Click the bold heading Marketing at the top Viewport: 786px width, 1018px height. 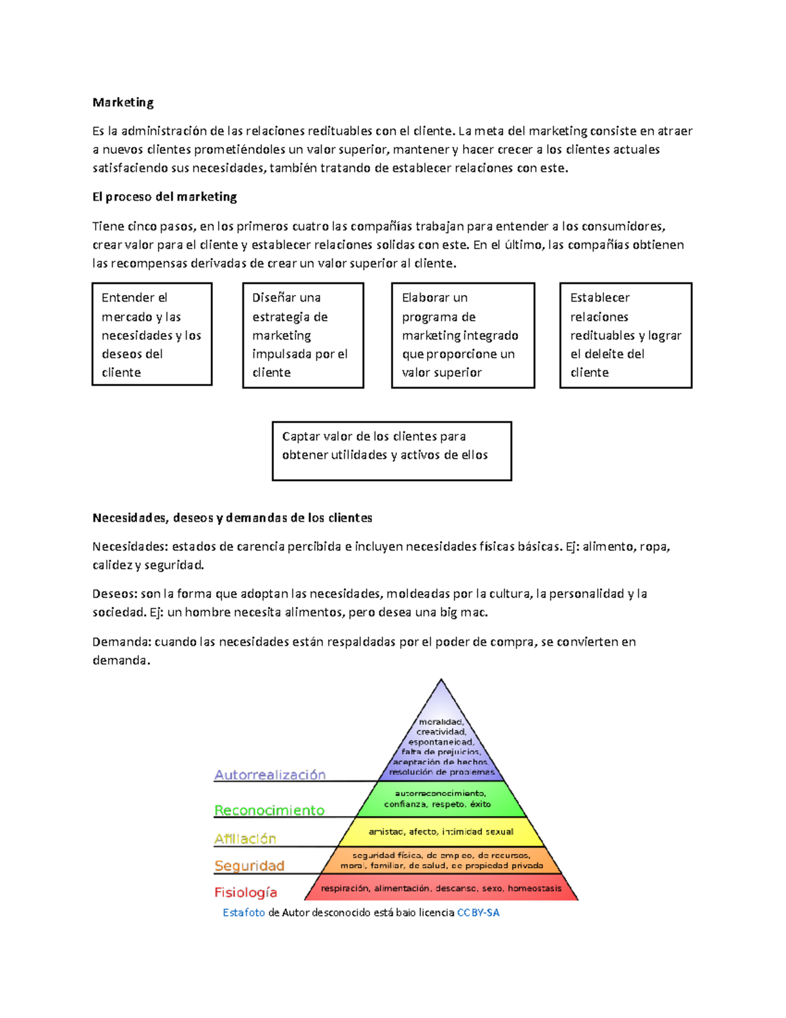123,102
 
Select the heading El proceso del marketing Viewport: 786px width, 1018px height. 164,197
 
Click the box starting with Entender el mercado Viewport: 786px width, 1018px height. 152,334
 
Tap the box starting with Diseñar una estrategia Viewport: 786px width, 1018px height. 303,335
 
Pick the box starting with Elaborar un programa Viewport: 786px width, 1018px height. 462,335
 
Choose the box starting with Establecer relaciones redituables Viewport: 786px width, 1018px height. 626,335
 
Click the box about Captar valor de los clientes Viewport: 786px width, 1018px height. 392,450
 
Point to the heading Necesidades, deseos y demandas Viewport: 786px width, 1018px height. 232,518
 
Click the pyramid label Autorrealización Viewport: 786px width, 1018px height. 270,775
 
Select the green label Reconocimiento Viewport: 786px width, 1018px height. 269,810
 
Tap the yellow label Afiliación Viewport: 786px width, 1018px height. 245,838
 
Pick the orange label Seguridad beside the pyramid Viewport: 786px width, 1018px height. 249,866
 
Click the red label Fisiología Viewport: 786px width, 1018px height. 246,892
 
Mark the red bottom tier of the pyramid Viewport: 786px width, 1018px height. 441,888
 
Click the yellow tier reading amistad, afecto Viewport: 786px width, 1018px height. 441,831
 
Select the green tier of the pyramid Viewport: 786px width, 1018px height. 441,798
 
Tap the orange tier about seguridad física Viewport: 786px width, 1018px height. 441,860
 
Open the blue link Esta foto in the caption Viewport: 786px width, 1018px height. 244,912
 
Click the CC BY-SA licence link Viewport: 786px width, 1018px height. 478,912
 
